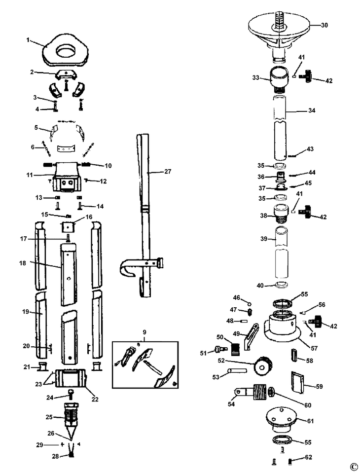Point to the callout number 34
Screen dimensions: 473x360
pos(311,110)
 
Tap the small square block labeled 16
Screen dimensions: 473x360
pos(67,228)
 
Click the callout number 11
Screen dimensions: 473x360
pos(29,175)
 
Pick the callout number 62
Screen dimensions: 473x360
pos(308,457)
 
